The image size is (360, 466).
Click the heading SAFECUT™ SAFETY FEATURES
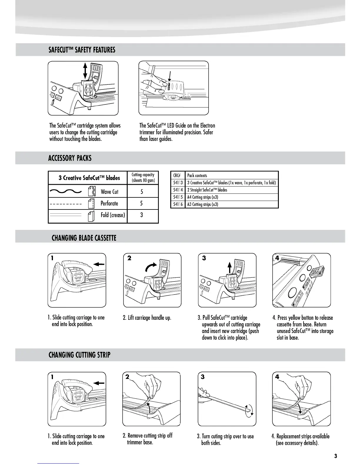[x=82, y=50]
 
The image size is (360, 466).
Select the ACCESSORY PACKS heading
[x=70, y=158]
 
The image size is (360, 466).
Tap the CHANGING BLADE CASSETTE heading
[x=84, y=238]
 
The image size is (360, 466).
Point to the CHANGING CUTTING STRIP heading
[x=79, y=355]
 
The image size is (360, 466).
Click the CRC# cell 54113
[x=178, y=183]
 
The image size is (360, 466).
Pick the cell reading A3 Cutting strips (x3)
[x=203, y=204]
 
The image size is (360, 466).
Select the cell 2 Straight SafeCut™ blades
[x=207, y=190]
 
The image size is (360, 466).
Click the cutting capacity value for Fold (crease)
[x=141, y=215]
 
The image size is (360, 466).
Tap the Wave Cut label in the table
[x=109, y=192]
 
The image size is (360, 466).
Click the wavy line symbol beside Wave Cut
[x=65, y=192]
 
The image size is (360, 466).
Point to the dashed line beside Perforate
[x=65, y=204]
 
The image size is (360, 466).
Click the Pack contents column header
[x=197, y=176]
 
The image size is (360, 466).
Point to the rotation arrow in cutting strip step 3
[x=249, y=411]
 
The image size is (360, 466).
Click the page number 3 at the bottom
[x=335, y=456]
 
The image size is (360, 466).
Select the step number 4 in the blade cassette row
[x=277, y=258]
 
